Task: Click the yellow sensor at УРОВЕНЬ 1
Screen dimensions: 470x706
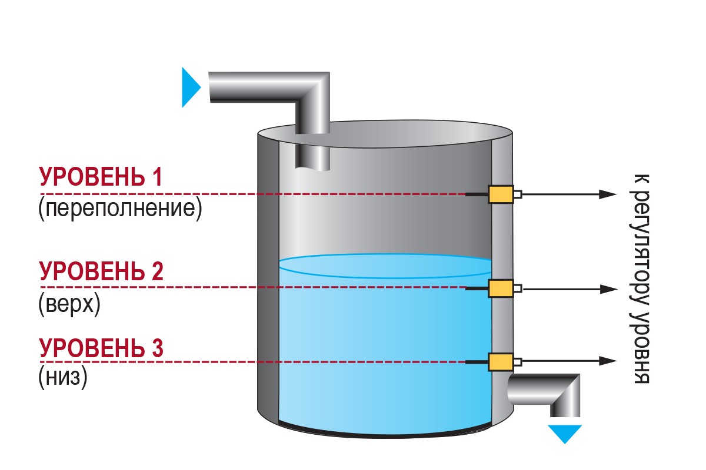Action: click(x=500, y=194)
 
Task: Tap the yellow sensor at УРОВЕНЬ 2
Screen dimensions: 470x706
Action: click(x=500, y=288)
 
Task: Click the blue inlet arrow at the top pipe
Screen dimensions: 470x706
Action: click(x=191, y=88)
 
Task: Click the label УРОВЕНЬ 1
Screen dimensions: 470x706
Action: click(x=100, y=177)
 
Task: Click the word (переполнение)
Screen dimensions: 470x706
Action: click(x=120, y=210)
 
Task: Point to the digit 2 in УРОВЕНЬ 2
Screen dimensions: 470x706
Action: click(x=156, y=271)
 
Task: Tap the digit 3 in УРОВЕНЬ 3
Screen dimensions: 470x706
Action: click(x=156, y=347)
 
